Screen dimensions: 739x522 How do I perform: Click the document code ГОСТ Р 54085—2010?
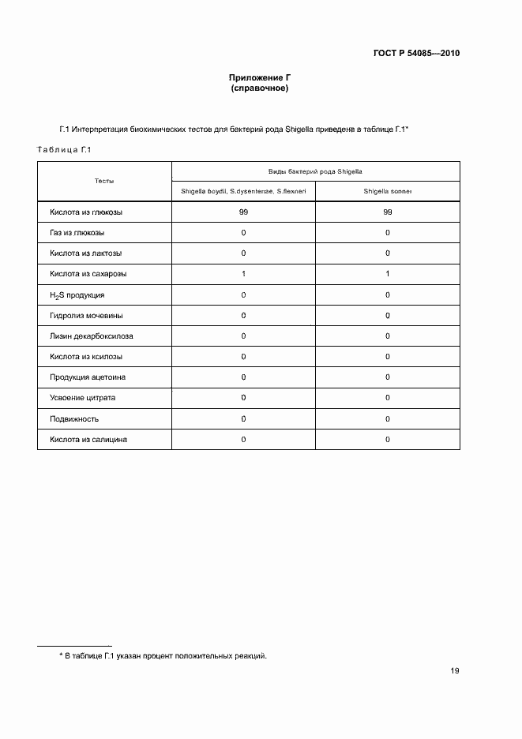[415, 54]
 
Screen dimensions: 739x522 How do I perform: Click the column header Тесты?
[104, 182]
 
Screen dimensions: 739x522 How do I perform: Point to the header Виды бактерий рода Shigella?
[315, 171]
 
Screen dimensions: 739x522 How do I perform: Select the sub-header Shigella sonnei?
[387, 191]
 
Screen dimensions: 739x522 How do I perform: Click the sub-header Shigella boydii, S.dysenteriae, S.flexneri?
[243, 191]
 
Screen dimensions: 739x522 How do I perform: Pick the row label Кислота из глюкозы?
[86, 212]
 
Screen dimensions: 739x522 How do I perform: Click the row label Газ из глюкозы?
[77, 233]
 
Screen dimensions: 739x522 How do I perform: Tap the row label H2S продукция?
[77, 295]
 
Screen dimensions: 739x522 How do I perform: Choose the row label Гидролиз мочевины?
[86, 316]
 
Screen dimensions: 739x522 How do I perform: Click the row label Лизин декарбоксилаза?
[92, 336]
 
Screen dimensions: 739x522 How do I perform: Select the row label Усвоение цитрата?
[82, 398]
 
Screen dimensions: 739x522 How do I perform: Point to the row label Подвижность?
[74, 418]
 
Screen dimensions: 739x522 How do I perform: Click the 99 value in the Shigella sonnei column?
[387, 212]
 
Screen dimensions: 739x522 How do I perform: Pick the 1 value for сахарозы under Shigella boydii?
[243, 274]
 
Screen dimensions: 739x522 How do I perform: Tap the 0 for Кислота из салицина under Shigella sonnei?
[387, 439]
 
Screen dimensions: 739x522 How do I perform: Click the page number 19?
[455, 671]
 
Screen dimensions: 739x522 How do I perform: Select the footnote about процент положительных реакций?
[163, 655]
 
